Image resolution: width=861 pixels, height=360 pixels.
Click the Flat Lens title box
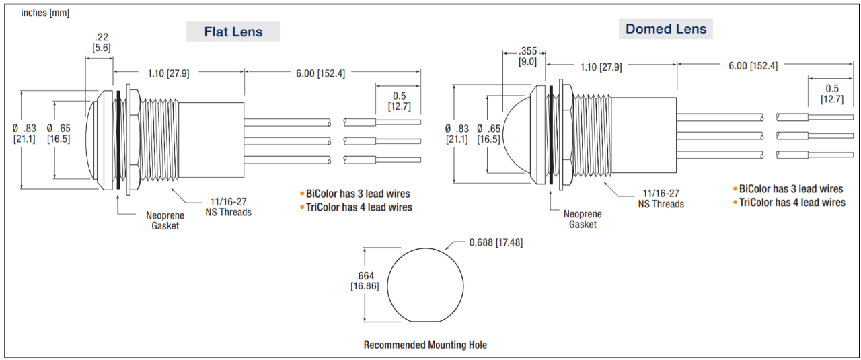point(233,31)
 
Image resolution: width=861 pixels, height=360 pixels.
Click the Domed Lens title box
point(666,29)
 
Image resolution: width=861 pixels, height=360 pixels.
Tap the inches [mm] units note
point(45,13)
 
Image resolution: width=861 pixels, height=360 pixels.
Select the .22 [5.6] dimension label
point(102,42)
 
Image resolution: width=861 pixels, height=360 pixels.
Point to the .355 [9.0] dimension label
point(527,56)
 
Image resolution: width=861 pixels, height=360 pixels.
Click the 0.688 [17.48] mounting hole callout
point(496,242)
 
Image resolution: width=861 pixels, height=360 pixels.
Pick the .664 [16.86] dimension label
point(365,281)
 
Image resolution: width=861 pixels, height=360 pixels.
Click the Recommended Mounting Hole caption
point(425,345)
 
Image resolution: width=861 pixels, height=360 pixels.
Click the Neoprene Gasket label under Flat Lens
point(165,221)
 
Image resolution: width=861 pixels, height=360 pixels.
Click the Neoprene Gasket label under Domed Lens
point(583,219)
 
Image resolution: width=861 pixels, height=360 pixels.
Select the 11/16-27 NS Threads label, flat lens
point(228,207)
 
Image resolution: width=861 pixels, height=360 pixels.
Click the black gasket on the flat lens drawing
point(118,140)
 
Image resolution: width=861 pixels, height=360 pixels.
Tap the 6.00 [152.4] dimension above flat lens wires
point(320,73)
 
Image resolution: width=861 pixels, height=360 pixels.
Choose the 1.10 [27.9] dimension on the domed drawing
point(601,67)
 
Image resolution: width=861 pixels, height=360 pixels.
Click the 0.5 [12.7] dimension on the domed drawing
point(832,94)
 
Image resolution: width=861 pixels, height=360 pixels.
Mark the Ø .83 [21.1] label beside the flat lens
point(24,133)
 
